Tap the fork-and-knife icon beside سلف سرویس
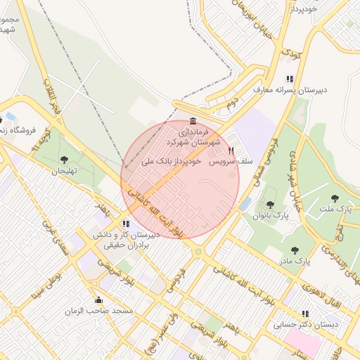pos(230,150)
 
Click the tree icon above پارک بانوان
pos(270,204)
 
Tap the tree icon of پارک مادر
pos(295,250)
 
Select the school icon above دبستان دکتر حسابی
pos(304,314)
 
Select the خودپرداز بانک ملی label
pos(172,161)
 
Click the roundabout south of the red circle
pos(198,251)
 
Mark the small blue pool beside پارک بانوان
pos(245,204)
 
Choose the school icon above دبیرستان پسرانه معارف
pos(289,79)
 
